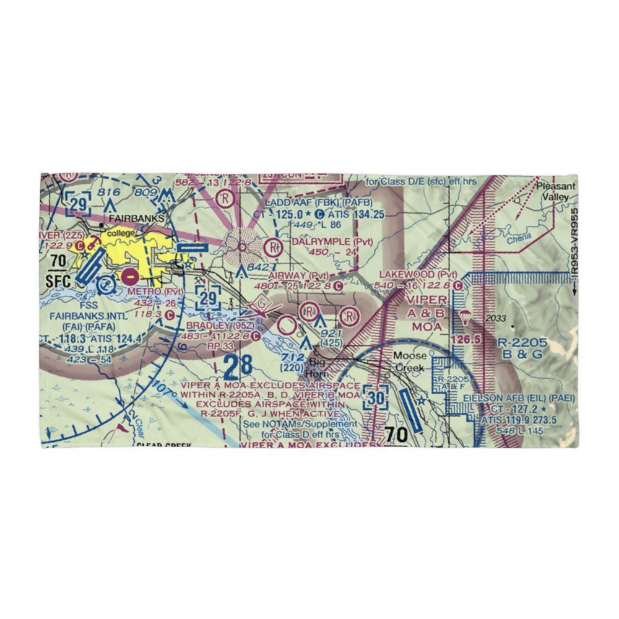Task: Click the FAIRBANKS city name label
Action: [x=136, y=219]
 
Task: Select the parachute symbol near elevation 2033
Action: [x=464, y=318]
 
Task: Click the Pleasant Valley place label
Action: [x=555, y=191]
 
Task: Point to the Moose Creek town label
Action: [x=410, y=361]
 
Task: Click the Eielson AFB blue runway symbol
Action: [x=412, y=410]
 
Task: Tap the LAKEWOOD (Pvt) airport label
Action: [x=418, y=274]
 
